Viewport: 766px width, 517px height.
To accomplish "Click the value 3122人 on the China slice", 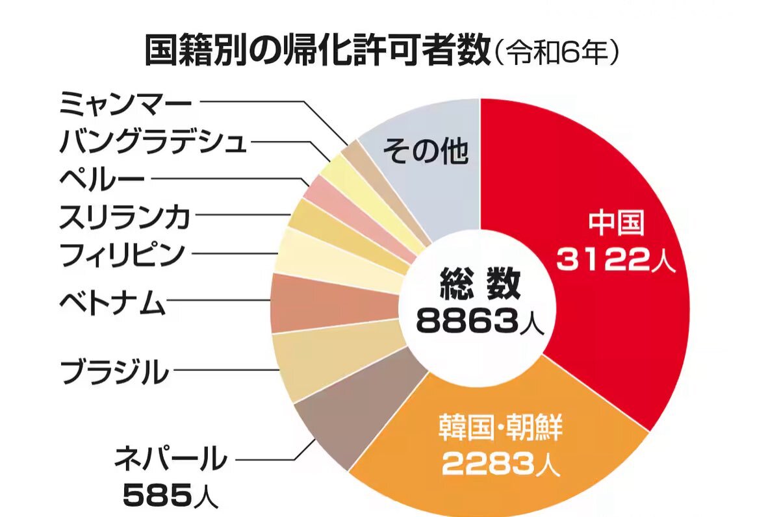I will coord(617,260).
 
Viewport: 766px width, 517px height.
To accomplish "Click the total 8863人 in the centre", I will coord(479,320).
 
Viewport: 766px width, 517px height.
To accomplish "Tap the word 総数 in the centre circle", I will coord(479,283).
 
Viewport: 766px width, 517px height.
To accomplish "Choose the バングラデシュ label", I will coord(153,140).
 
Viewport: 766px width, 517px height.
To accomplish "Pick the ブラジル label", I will coord(114,372).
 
